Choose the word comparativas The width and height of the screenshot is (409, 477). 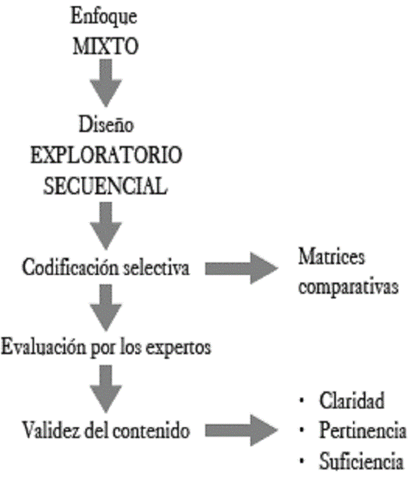click(348, 288)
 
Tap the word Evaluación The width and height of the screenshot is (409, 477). click(44, 345)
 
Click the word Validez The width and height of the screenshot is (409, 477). click(48, 431)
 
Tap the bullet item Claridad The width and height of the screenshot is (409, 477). click(351, 401)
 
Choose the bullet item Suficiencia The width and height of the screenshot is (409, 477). click(361, 463)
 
